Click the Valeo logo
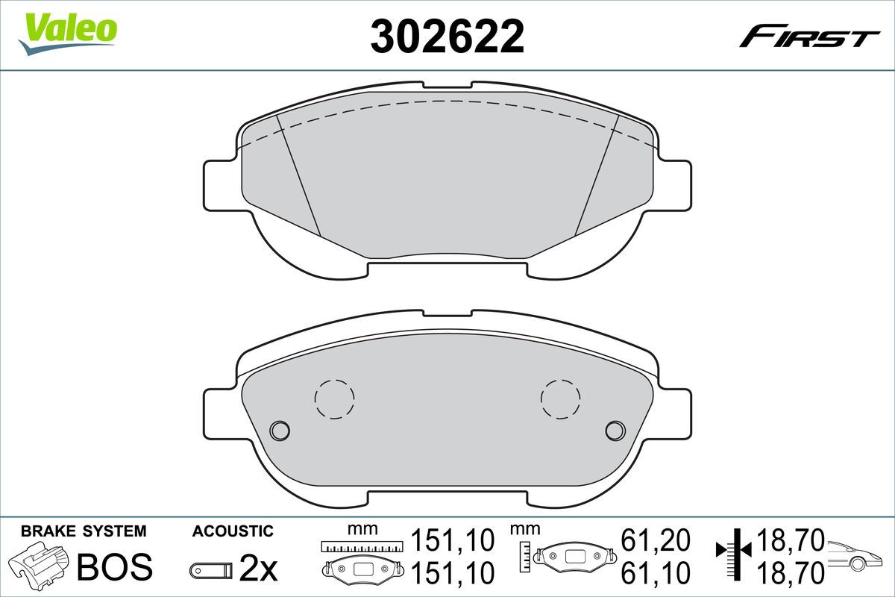click(x=68, y=34)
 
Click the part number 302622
click(x=447, y=37)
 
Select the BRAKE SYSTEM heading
click(x=84, y=531)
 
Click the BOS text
click(x=115, y=566)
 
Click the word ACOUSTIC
click(x=233, y=531)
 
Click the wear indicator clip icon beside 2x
click(x=211, y=570)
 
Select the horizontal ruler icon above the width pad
click(x=362, y=546)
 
